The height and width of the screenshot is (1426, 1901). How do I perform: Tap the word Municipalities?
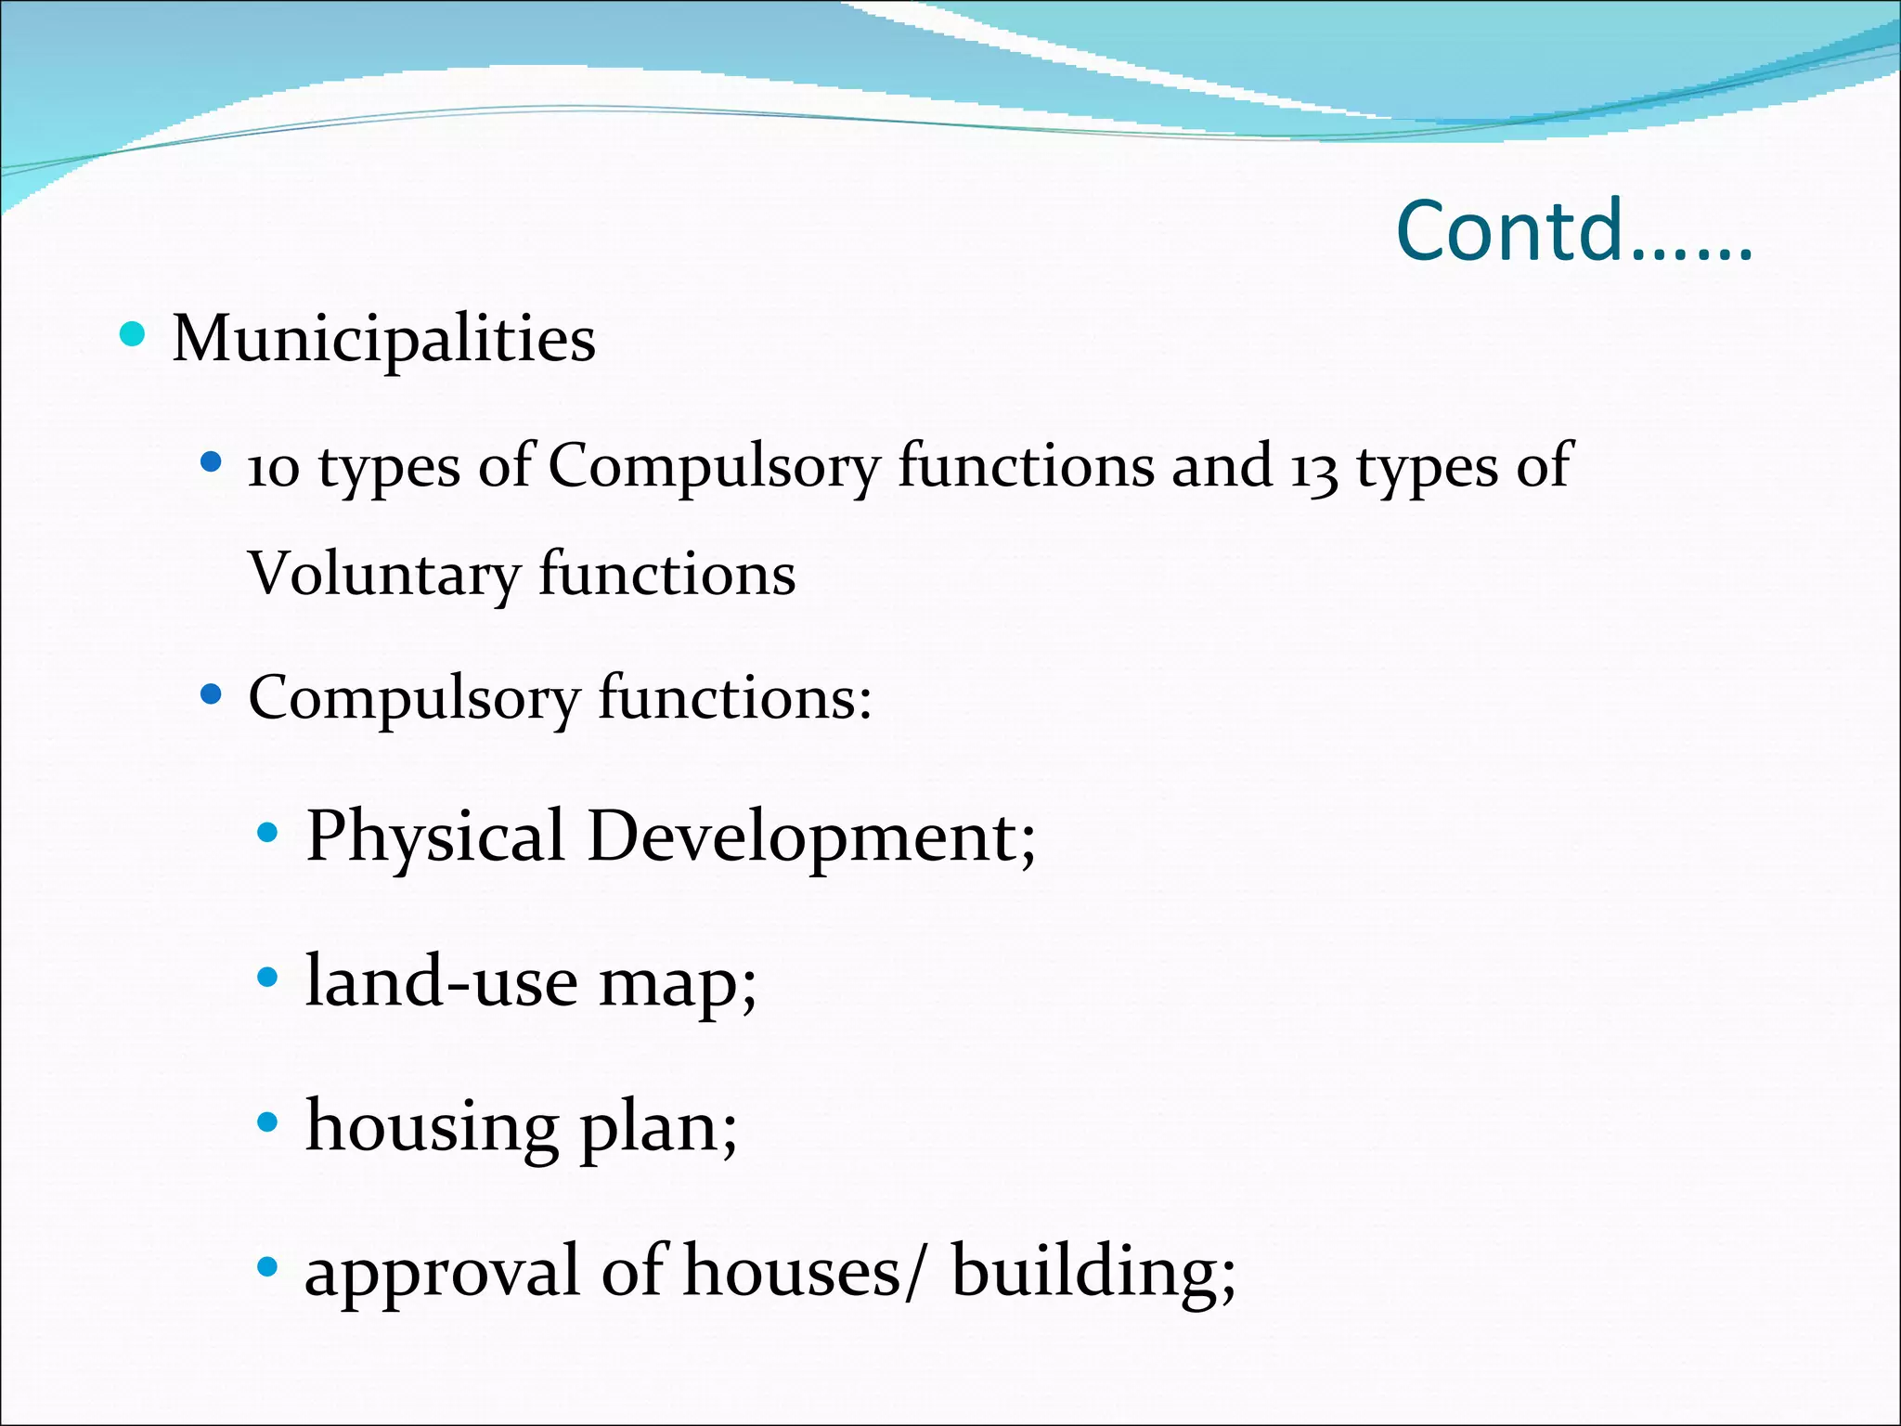[x=383, y=338]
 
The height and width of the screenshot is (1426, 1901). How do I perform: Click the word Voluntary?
[x=383, y=575]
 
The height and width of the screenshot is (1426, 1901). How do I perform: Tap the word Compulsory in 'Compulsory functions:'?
[x=413, y=699]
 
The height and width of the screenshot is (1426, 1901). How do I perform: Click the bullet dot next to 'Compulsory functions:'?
[x=212, y=694]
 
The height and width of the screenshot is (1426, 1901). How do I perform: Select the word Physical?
[x=435, y=836]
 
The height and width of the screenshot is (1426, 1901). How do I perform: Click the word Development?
[x=811, y=836]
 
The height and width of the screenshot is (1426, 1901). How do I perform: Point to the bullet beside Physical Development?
[x=267, y=833]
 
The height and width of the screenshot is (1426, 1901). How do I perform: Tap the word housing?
[x=432, y=1127]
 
